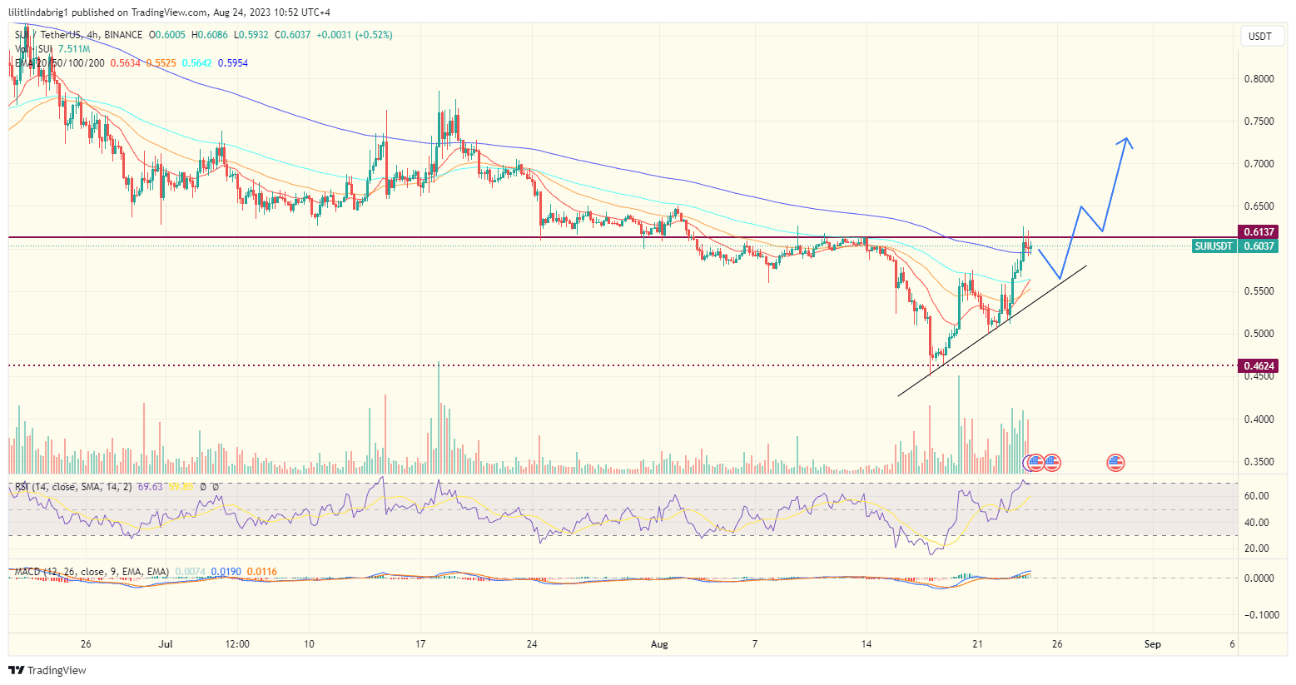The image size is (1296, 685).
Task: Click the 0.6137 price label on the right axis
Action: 1259,232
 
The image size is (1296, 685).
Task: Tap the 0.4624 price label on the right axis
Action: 1259,366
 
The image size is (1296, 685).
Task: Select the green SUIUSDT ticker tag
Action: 1213,246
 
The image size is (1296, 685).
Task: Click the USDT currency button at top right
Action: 1259,37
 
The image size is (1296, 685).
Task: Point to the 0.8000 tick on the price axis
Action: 1259,79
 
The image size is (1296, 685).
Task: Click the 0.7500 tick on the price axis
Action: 1259,122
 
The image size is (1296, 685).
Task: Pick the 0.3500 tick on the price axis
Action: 1259,462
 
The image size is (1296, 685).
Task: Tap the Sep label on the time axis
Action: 1152,644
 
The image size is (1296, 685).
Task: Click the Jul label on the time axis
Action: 165,644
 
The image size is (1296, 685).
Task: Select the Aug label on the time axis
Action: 659,644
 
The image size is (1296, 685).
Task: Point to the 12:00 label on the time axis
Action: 238,644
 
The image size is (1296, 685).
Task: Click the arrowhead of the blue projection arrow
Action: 1126,140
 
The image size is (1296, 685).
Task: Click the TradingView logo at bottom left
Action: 47,671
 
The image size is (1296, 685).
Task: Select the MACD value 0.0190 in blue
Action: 226,572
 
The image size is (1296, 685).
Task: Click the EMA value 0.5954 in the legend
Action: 233,63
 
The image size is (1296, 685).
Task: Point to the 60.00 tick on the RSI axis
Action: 1257,496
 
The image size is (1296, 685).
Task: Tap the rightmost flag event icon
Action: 1115,463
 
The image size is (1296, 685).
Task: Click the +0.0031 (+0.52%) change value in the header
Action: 354,35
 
